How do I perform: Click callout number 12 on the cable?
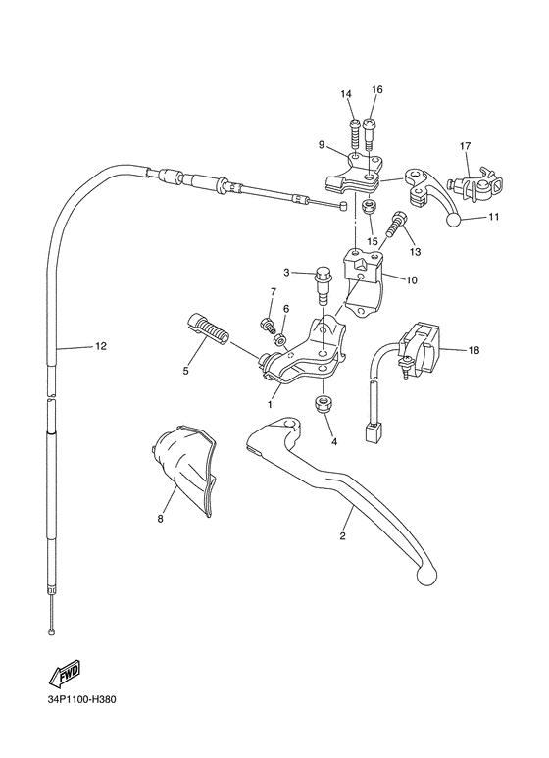[x=101, y=346]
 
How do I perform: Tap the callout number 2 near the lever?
[x=342, y=536]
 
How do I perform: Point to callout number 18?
[x=474, y=349]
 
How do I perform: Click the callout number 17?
[x=467, y=146]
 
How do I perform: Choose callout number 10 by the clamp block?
[x=411, y=278]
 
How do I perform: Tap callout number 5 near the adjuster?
[x=184, y=371]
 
